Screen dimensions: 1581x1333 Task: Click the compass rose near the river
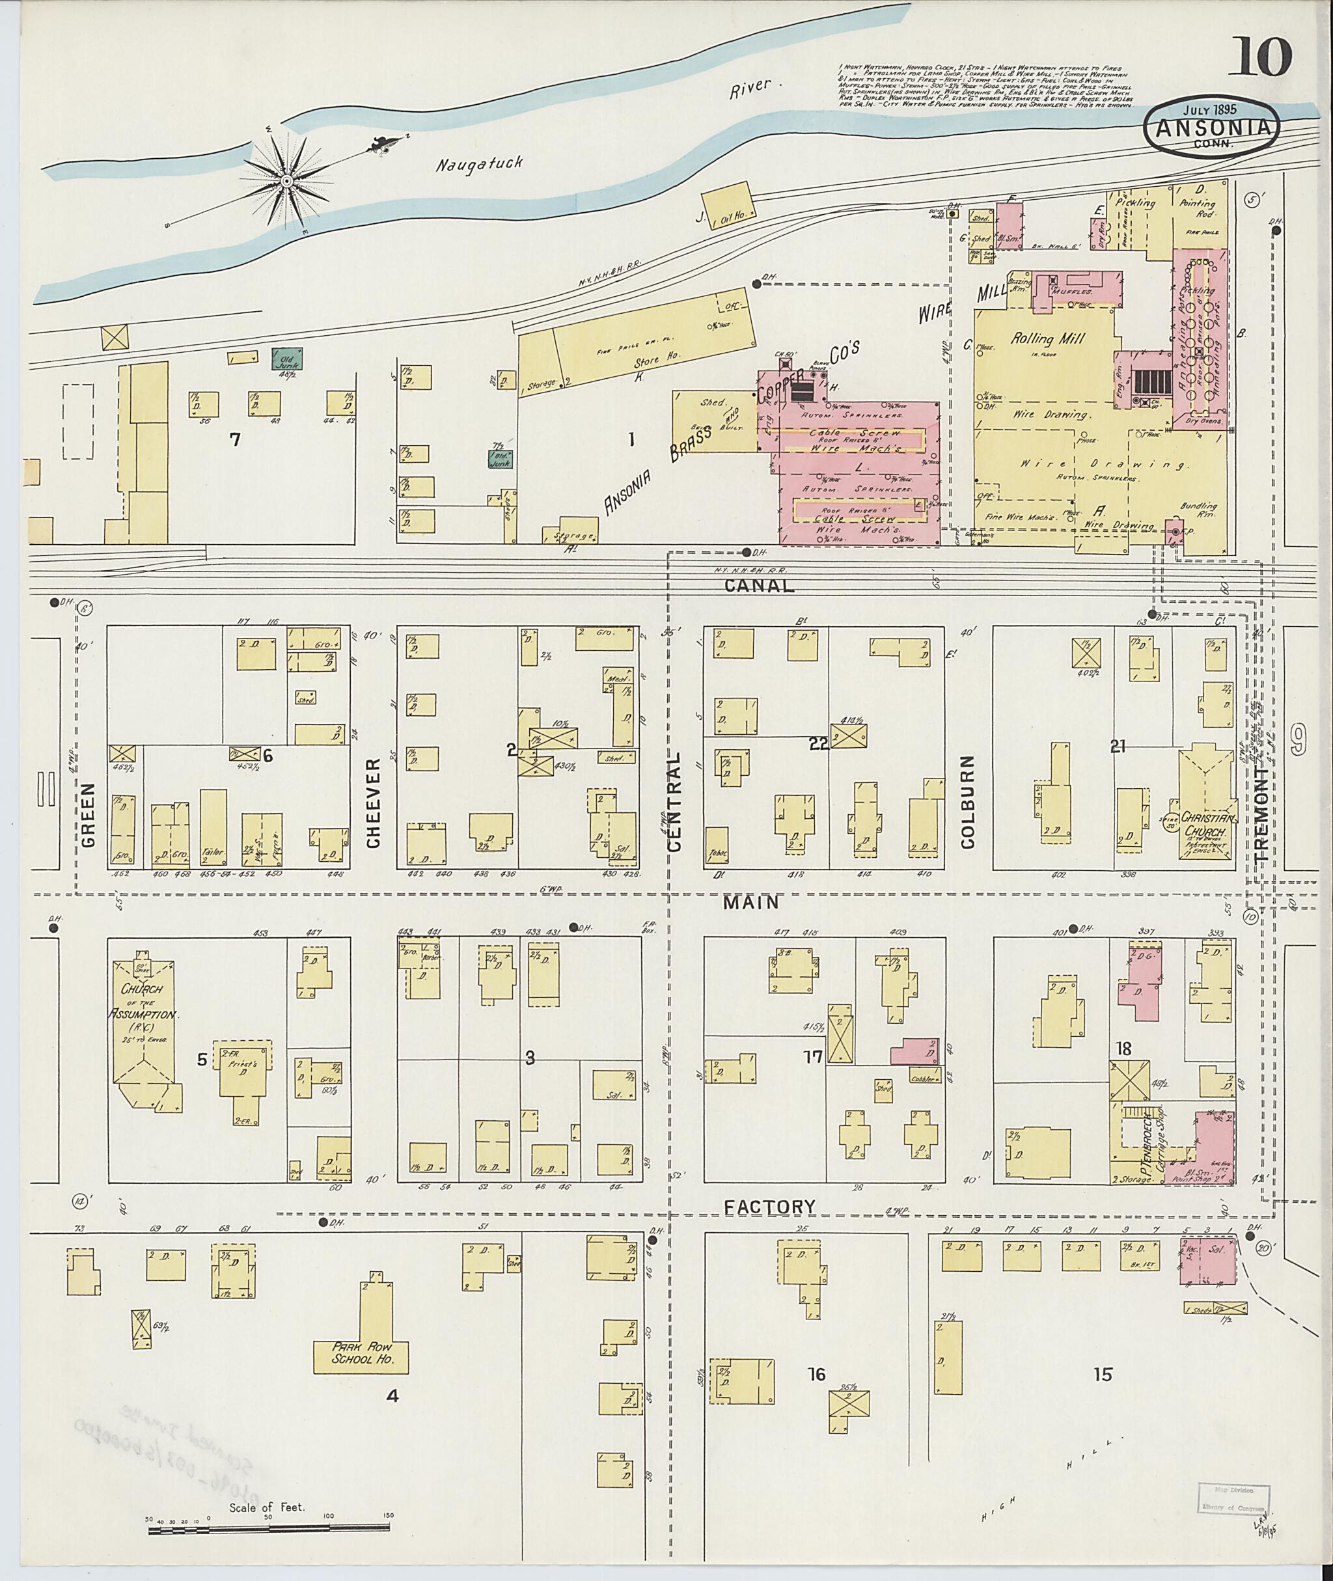pyautogui.click(x=287, y=182)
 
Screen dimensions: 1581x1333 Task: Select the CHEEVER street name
pyautogui.click(x=372, y=803)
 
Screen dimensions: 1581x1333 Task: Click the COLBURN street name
pyautogui.click(x=968, y=801)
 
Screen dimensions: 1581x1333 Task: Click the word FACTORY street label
pyautogui.click(x=769, y=1207)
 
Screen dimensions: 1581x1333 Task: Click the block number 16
pyautogui.click(x=817, y=1373)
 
